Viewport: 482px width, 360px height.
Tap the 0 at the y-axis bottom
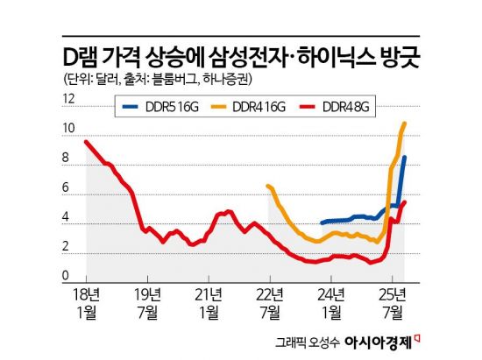click(x=67, y=278)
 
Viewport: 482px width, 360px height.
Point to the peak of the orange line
click(x=404, y=124)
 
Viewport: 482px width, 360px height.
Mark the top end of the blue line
click(x=404, y=158)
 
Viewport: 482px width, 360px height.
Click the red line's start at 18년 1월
click(x=86, y=142)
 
